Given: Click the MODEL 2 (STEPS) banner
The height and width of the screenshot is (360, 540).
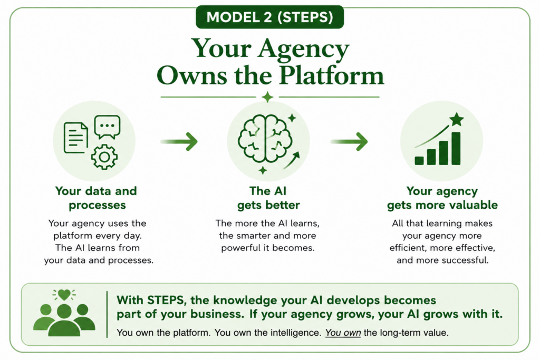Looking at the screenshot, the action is tap(269, 17).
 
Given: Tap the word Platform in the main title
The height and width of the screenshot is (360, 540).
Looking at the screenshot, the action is tap(331, 75).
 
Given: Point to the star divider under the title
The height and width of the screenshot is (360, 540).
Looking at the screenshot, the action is tap(267, 97).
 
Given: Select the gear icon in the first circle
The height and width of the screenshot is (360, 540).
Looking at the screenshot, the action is tap(104, 157).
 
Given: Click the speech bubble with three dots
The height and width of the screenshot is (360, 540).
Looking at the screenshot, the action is tap(108, 127).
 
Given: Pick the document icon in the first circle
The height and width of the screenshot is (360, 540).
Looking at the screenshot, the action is tap(76, 138).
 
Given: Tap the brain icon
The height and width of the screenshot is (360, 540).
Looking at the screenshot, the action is tap(265, 138).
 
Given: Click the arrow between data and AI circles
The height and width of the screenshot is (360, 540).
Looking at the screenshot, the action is tap(179, 141).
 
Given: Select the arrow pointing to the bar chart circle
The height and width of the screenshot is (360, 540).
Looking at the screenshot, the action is tap(349, 141).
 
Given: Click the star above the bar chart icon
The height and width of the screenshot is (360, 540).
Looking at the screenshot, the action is tap(457, 120).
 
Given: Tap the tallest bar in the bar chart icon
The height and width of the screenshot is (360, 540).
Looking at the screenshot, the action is tap(456, 149).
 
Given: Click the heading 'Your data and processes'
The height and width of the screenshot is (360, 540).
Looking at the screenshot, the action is tap(96, 198).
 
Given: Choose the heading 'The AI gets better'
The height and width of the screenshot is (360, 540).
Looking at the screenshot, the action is tap(268, 198).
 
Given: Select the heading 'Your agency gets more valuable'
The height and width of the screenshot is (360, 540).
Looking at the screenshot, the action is tap(442, 198).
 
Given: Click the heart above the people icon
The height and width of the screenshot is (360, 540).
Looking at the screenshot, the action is tap(64, 295).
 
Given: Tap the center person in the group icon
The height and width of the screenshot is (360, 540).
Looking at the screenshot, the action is tap(64, 320).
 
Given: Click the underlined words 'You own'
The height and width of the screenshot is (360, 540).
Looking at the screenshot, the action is tap(343, 333).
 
